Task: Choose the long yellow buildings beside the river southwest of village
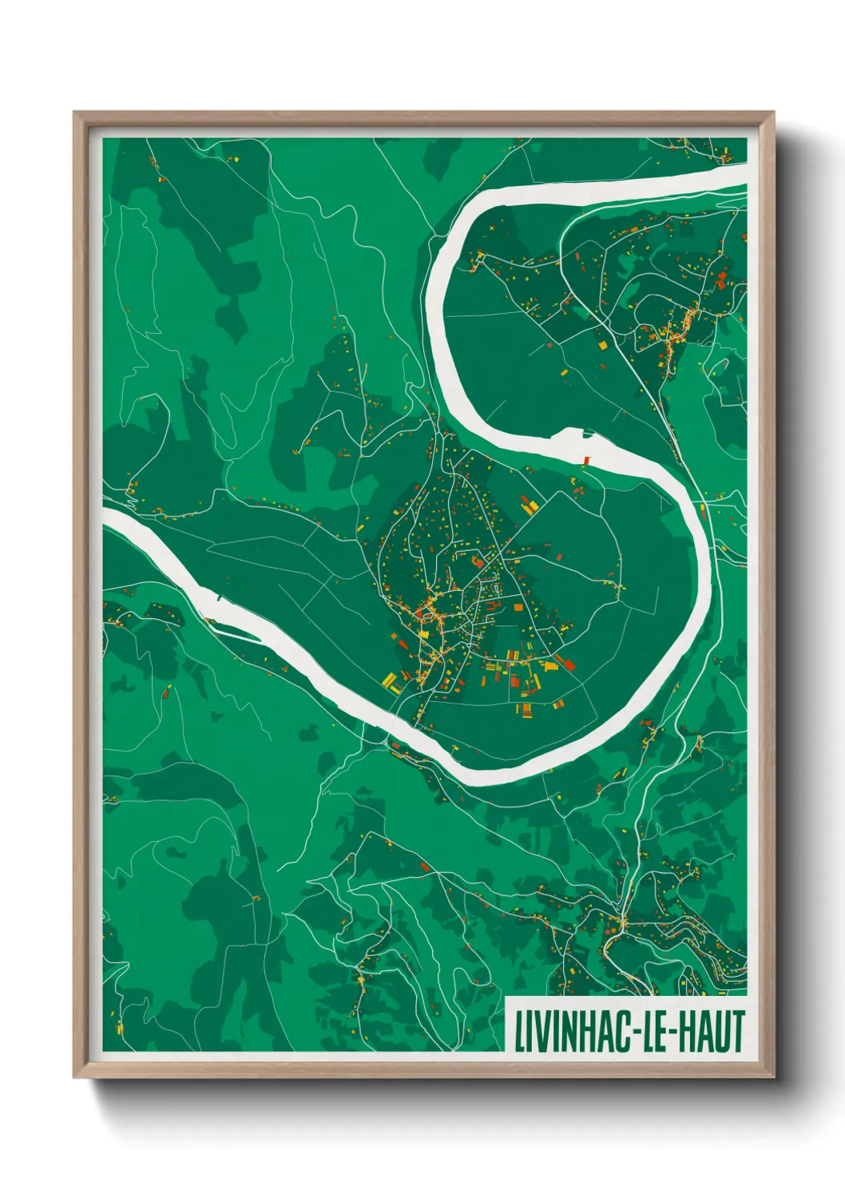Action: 390,681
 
